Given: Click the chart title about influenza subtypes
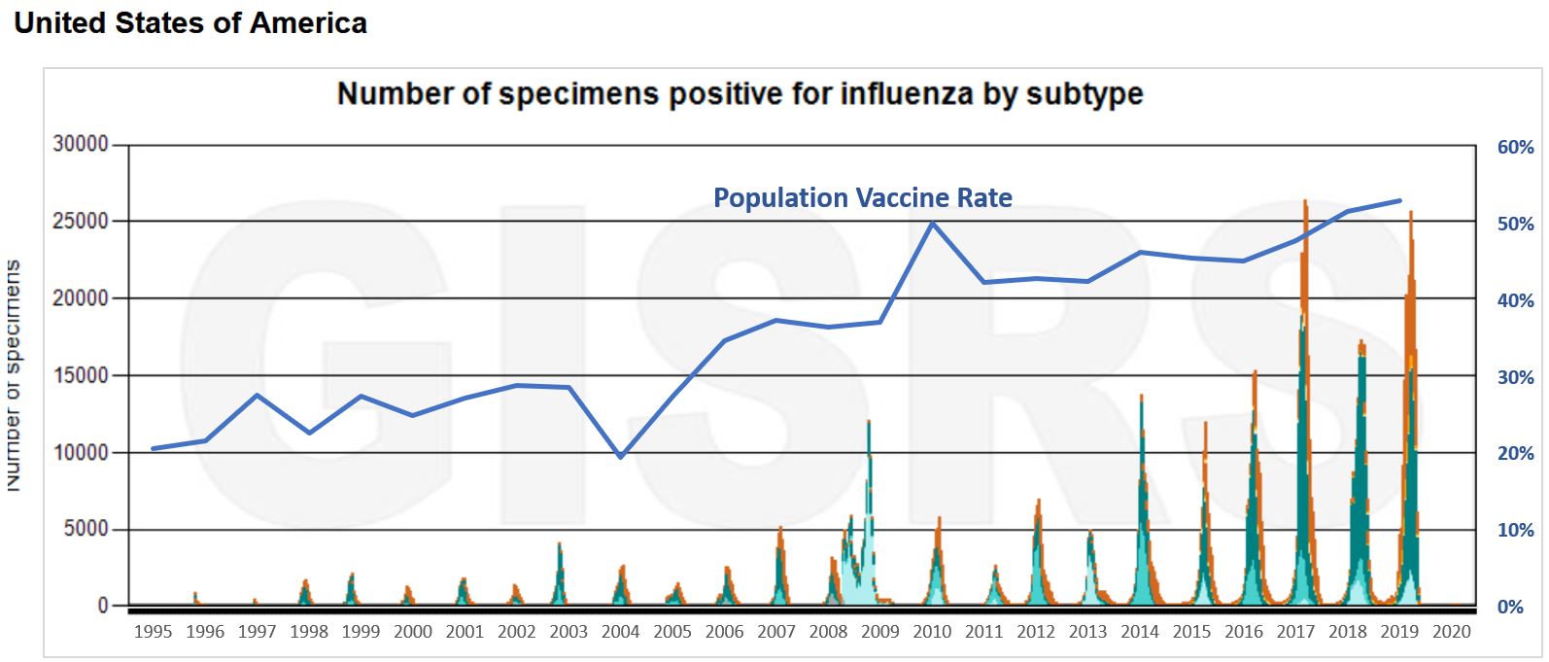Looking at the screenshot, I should pos(740,94).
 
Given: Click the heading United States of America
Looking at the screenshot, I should pos(190,23).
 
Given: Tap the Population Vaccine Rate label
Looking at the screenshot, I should pos(862,198).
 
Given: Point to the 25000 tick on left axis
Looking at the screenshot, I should pos(82,222).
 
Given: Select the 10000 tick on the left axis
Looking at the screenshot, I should pos(82,453).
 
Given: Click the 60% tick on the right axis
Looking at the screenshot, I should pos(1515,148).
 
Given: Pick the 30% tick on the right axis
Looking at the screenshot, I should pos(1515,377).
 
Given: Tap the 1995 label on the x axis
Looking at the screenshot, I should pos(153,632).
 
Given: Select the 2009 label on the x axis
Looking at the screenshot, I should pos(879,632).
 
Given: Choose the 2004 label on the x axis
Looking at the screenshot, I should pos(620,632).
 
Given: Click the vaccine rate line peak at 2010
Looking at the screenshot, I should pos(932,223).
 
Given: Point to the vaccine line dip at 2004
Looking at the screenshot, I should pos(621,457).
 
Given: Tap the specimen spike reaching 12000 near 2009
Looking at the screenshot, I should pos(868,423).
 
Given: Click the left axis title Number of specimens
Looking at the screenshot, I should pos(14,375).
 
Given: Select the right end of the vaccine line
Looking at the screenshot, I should pos(1399,200).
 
